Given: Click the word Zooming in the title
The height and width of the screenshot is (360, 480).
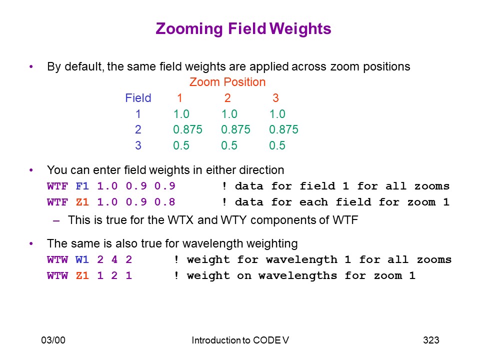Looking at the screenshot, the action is [x=189, y=29].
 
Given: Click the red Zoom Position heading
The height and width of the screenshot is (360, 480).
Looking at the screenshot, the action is [x=227, y=82].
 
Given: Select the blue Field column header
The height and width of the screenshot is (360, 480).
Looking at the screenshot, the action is [x=138, y=98].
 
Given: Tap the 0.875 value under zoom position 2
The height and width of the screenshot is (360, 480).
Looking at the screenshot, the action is [x=235, y=129].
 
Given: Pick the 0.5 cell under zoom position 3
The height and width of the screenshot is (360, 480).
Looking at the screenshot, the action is [x=277, y=145].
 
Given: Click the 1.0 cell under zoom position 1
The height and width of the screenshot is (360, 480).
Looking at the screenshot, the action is [x=181, y=114].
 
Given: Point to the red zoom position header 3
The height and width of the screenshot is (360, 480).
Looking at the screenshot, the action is [x=275, y=98].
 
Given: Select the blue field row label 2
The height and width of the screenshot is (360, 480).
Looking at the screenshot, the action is [x=138, y=129].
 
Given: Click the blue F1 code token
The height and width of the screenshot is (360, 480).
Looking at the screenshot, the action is [x=82, y=186].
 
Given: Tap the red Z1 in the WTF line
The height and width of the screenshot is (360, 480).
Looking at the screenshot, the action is [x=82, y=202].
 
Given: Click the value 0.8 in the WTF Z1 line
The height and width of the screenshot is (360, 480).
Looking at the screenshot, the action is [x=164, y=202].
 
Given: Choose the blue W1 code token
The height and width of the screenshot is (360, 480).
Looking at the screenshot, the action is [x=82, y=259].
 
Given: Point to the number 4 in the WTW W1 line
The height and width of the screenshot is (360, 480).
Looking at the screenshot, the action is [x=114, y=259].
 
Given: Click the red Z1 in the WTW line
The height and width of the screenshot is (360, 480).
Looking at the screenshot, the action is [x=82, y=275].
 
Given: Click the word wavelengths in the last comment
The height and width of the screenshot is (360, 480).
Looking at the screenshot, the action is [x=297, y=275].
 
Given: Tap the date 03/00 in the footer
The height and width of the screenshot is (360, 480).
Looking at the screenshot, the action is [x=53, y=340].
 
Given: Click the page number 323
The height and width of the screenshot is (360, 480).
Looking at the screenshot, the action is [x=431, y=340].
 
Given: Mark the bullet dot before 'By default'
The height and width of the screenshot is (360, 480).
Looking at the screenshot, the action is [x=31, y=66].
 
